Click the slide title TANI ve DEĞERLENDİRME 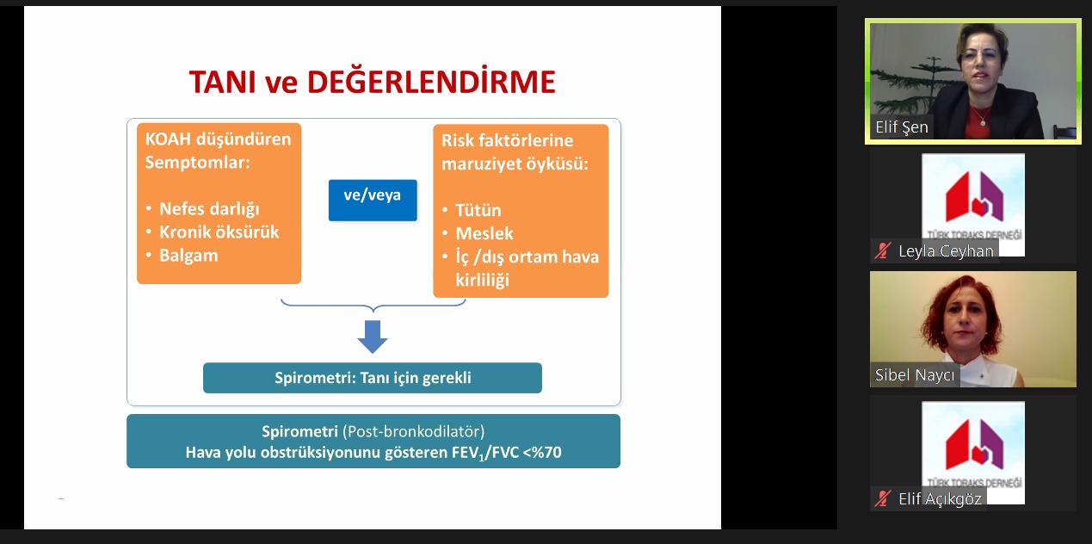pos(372,82)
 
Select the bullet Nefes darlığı pos(209,209)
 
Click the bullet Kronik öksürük pos(219,232)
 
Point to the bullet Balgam pos(188,256)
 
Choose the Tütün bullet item pos(478,210)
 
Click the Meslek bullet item pos(484,233)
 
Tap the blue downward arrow pos(373,336)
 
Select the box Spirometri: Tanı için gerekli pos(373,378)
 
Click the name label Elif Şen pos(901,127)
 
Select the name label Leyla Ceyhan pos(946,251)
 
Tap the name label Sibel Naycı pos(915,375)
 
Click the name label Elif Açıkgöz pos(940,498)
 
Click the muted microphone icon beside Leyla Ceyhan pos(882,251)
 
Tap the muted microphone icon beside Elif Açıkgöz pos(882,498)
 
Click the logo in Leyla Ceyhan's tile pos(972,198)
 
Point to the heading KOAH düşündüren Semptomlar pos(218,151)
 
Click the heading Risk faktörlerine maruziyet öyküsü pos(515,151)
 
